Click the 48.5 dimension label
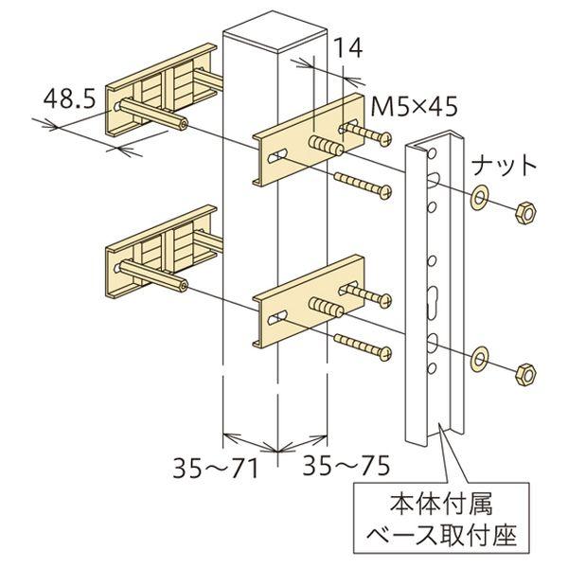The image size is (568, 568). [x=69, y=98]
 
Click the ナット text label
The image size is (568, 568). [x=504, y=167]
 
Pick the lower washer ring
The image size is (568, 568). [x=478, y=357]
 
